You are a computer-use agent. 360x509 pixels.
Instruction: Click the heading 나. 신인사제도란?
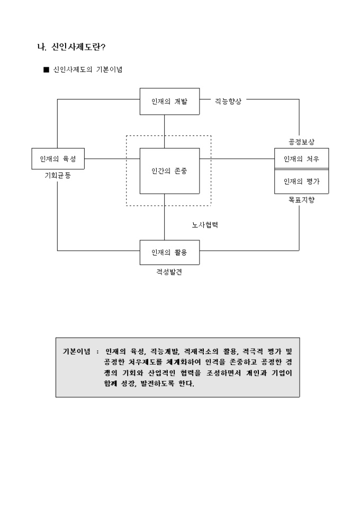[71, 48]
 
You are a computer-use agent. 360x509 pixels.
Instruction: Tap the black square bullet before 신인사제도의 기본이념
[46, 70]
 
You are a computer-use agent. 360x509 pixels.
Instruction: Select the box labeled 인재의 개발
[169, 101]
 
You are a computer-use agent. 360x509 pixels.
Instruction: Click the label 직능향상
[228, 101]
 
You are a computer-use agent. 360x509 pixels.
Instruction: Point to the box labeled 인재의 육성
[58, 158]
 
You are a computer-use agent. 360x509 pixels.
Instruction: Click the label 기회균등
[58, 176]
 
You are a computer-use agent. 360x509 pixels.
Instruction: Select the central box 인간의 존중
[169, 171]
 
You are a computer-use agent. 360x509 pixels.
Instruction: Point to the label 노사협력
[205, 224]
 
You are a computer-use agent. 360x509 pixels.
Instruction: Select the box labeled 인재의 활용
[169, 252]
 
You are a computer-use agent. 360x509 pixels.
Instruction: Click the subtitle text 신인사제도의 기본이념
[88, 70]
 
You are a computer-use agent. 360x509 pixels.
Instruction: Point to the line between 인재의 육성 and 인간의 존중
[112, 158]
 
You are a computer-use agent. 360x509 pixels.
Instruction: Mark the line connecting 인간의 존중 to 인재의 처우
[237, 158]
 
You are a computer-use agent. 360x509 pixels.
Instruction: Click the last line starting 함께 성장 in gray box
[150, 384]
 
